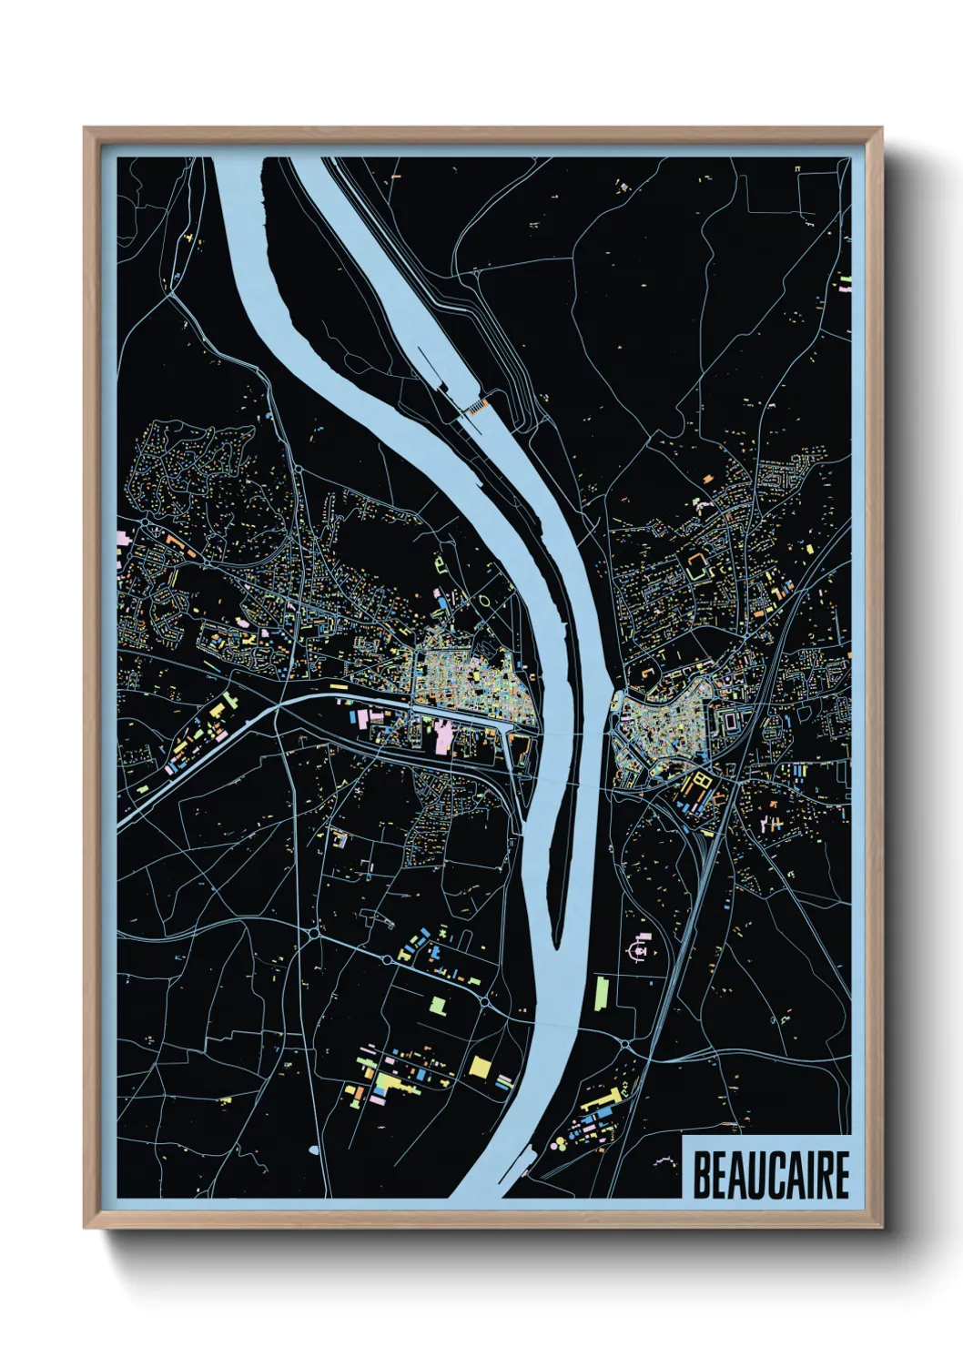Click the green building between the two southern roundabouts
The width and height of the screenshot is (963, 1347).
click(439, 1006)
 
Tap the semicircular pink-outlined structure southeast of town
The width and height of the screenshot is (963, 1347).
click(638, 950)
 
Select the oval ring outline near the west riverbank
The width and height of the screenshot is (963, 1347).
click(484, 602)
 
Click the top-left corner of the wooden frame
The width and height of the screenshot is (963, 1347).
click(85, 128)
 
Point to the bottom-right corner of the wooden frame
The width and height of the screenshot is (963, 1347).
click(881, 1227)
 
